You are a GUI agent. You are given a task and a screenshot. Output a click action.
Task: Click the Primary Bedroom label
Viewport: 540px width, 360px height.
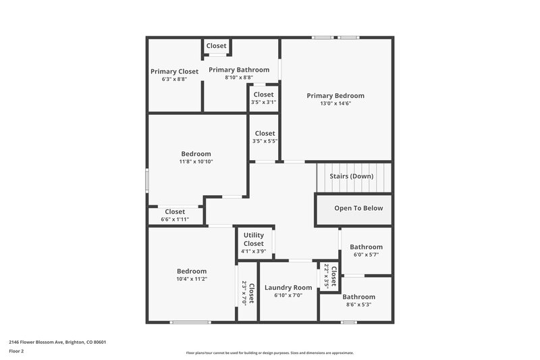[x=335, y=96]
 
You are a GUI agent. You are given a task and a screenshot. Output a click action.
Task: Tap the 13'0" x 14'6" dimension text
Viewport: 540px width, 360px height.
[x=335, y=103]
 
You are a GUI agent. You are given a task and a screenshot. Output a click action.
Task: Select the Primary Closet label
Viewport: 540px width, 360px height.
[x=174, y=72]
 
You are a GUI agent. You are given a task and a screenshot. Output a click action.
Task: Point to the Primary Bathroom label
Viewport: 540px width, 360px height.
[x=239, y=70]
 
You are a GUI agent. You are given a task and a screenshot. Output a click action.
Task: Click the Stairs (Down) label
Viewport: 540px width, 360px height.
[x=351, y=176]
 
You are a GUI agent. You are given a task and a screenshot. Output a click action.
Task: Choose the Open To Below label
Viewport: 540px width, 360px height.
[x=358, y=208]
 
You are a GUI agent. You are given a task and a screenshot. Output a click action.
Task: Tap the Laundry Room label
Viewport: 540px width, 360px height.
[x=288, y=288]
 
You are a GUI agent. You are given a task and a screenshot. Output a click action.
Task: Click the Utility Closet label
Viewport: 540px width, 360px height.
[x=254, y=239]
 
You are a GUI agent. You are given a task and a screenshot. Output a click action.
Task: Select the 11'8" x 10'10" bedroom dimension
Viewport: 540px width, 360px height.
[x=196, y=161]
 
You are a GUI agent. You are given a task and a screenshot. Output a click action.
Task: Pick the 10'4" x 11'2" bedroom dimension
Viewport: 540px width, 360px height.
[x=192, y=278]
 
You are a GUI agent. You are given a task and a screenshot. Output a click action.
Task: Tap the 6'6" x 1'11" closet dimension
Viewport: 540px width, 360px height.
[x=175, y=220]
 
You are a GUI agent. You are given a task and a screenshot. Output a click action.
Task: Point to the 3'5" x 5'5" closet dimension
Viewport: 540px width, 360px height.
[x=265, y=141]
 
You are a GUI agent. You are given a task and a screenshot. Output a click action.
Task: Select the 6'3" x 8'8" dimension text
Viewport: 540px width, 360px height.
[x=174, y=79]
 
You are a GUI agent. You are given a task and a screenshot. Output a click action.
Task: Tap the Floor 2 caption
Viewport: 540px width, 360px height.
[x=17, y=351]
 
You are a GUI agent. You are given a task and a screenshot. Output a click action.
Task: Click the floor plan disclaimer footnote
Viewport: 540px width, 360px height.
[x=269, y=353]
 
